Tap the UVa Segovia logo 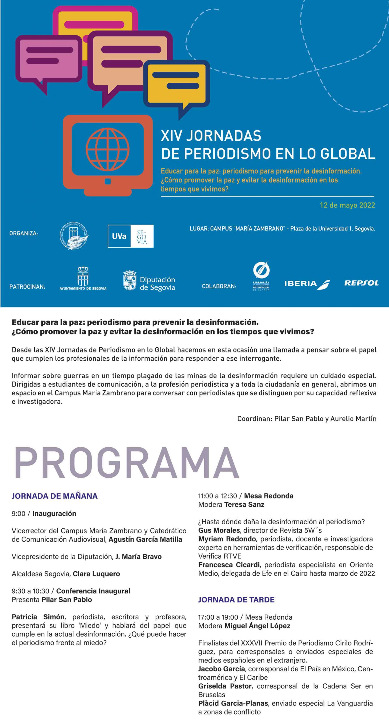coord(130,236)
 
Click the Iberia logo coord(307,284)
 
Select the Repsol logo coord(361,283)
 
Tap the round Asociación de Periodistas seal coord(74,236)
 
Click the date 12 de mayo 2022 coord(347,205)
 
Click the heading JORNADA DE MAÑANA coord(55,496)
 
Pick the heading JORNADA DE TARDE coord(236,600)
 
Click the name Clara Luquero coord(96,574)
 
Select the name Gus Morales coord(219,530)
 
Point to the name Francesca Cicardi coord(229,565)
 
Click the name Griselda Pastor coord(225,686)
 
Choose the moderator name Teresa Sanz coord(244,505)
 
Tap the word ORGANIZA coord(23,234)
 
